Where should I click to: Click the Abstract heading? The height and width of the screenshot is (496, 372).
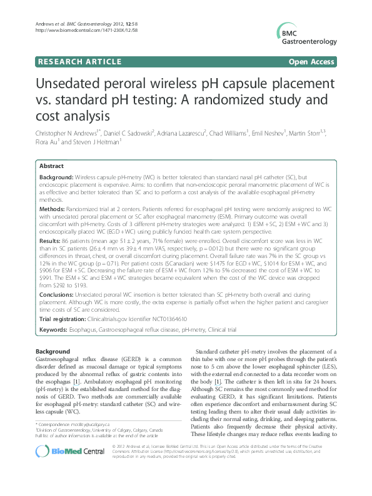coord(51,166)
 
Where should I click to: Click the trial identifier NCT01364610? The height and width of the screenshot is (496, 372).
coord(164,319)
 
